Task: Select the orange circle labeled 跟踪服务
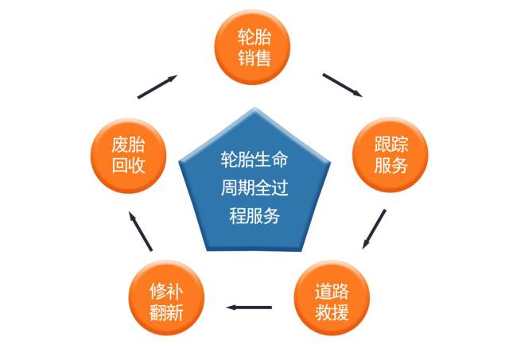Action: point(390,155)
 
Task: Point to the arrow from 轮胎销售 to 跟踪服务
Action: point(342,85)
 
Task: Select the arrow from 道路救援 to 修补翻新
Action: point(249,307)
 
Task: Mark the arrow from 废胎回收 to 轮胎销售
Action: point(157,87)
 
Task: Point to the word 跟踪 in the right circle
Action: point(390,145)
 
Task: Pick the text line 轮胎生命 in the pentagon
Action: point(254,160)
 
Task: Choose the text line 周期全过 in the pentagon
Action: point(254,188)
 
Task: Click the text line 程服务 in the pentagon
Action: point(254,215)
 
